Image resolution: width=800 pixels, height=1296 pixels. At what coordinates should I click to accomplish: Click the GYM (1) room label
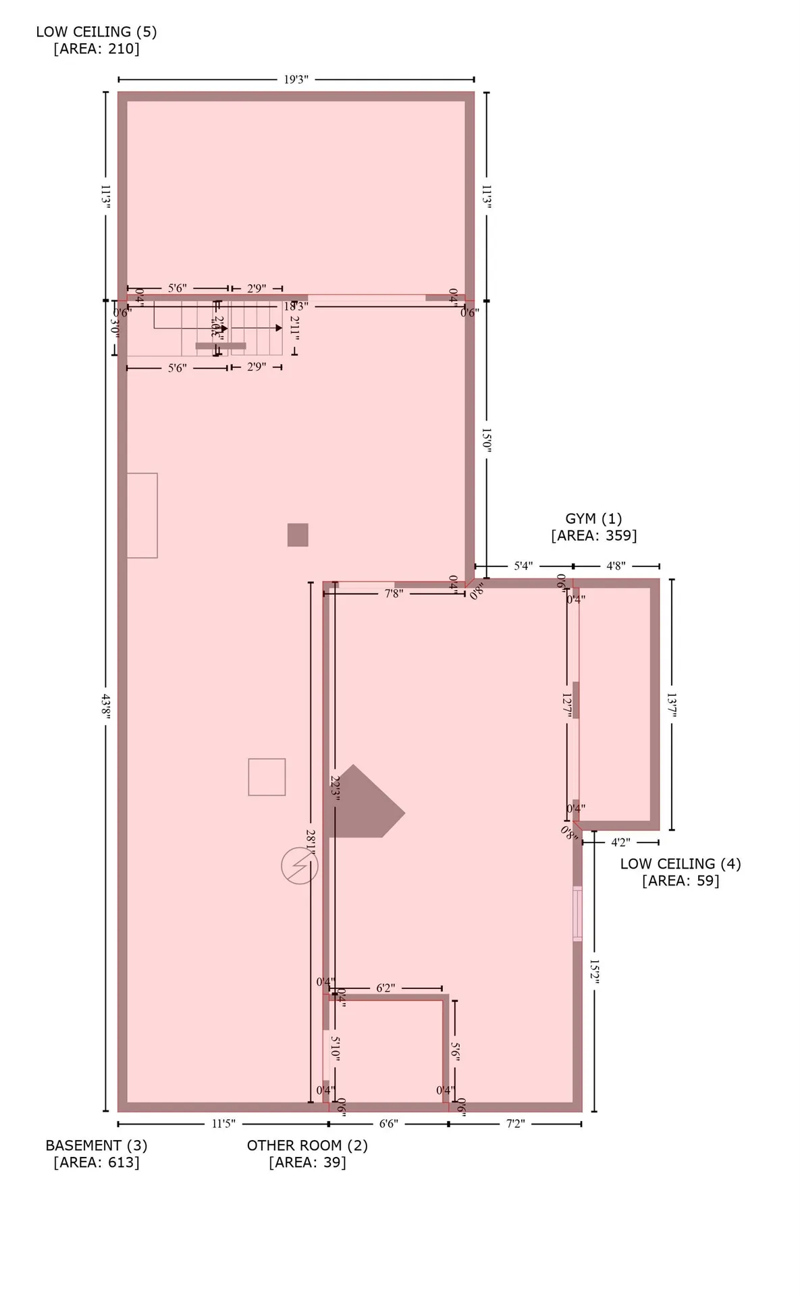pyautogui.click(x=593, y=518)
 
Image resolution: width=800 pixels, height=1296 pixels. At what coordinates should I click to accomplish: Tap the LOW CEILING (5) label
pyautogui.click(x=96, y=32)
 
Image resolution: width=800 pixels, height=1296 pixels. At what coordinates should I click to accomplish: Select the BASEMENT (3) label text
pyautogui.click(x=96, y=1145)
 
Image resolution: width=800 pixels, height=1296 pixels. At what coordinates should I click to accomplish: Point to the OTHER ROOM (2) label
pyautogui.click(x=307, y=1145)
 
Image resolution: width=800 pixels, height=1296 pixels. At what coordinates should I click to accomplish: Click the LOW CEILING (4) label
pyautogui.click(x=681, y=863)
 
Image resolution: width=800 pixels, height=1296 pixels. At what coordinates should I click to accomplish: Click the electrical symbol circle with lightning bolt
pyautogui.click(x=299, y=865)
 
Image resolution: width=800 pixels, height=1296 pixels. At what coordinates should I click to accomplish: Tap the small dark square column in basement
pyautogui.click(x=298, y=535)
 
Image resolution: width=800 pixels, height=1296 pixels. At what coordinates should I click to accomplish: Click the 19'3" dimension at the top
pyautogui.click(x=296, y=80)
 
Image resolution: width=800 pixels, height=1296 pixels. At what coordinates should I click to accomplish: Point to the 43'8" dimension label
pyautogui.click(x=105, y=706)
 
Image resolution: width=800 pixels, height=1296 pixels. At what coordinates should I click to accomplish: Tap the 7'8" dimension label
pyautogui.click(x=394, y=594)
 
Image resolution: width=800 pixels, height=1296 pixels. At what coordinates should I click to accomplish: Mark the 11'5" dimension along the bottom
pyautogui.click(x=223, y=1124)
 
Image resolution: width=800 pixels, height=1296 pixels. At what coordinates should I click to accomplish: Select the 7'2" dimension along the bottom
pyautogui.click(x=515, y=1124)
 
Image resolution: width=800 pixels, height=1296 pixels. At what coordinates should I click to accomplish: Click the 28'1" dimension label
pyautogui.click(x=311, y=844)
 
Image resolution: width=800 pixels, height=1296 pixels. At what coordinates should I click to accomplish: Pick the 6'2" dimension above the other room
pyautogui.click(x=385, y=988)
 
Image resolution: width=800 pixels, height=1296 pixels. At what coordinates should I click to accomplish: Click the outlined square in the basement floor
pyautogui.click(x=267, y=777)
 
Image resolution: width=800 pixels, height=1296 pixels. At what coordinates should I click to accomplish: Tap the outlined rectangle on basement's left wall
pyautogui.click(x=142, y=516)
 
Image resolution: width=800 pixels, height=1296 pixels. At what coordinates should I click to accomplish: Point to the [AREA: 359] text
pyautogui.click(x=593, y=536)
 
